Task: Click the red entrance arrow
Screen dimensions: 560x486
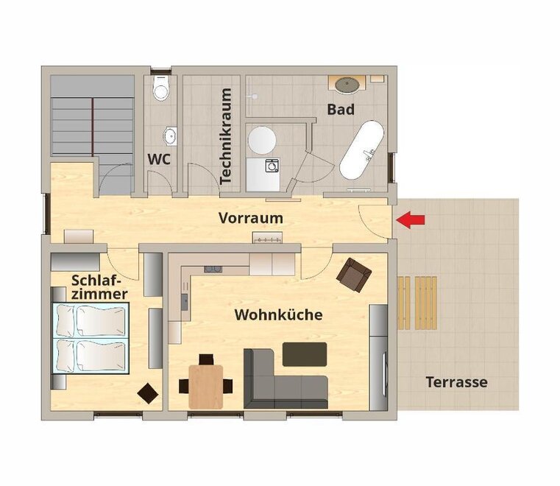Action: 411,219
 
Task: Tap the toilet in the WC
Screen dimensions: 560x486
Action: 160,88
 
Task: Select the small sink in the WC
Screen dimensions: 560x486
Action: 171,136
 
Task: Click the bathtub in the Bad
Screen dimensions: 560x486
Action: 361,149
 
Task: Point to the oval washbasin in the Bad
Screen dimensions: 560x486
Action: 347,85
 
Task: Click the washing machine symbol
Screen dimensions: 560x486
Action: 272,166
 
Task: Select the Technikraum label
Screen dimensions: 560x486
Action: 226,136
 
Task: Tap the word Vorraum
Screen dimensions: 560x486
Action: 251,218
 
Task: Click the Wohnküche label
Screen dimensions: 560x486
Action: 279,315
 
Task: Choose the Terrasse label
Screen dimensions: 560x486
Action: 457,382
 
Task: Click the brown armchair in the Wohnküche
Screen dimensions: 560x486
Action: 353,275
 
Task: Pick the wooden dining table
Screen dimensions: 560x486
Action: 206,387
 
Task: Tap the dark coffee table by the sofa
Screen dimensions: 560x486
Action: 305,354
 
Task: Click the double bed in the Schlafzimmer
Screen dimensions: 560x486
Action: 91,338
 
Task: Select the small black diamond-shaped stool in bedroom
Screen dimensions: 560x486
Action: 148,393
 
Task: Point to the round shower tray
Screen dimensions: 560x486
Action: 262,140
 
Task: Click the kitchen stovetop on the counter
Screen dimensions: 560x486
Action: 213,269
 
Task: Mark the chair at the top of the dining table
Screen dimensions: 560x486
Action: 206,359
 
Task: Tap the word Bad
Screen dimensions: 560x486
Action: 341,109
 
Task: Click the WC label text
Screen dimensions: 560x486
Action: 159,159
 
